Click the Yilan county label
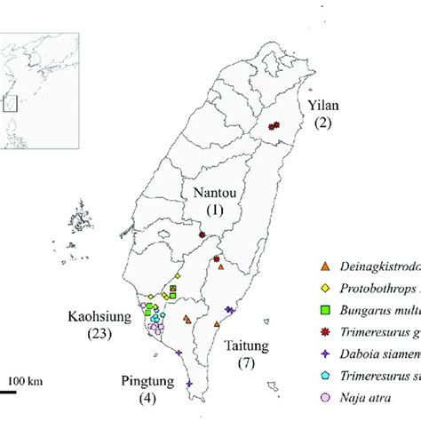[x=323, y=107]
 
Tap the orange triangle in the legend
[x=325, y=266]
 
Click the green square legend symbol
[x=325, y=310]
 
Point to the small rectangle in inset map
[x=12, y=102]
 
